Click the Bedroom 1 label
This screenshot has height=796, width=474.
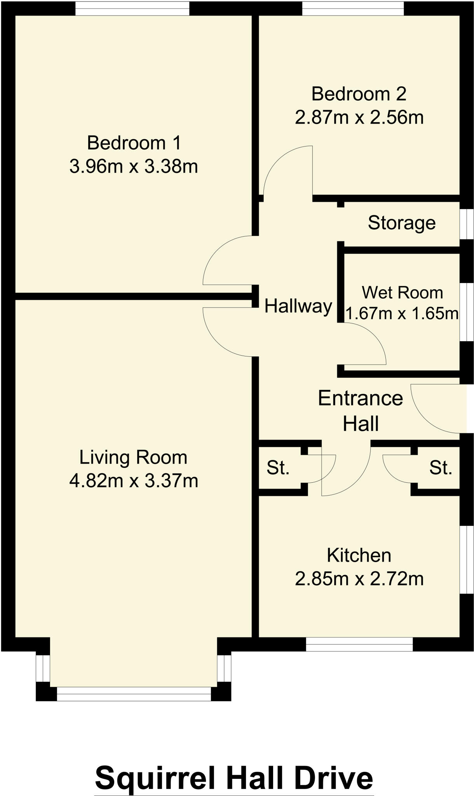tap(134, 143)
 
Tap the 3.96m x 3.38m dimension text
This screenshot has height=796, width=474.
tap(134, 167)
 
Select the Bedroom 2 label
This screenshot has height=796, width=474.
tap(359, 94)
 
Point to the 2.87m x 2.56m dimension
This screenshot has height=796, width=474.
tap(359, 117)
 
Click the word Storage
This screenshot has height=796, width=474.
tap(401, 223)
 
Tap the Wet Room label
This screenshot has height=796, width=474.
tap(402, 293)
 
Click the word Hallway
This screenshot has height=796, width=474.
tap(298, 306)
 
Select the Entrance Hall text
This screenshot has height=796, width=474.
tap(360, 410)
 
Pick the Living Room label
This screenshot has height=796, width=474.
tap(133, 457)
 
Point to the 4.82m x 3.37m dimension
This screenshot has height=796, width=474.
tap(133, 481)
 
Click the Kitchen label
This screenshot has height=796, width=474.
tap(359, 555)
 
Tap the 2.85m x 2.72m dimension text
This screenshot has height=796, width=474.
tap(359, 579)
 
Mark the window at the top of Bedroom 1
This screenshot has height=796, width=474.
tap(132, 9)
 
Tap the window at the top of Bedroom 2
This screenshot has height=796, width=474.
tap(353, 9)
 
